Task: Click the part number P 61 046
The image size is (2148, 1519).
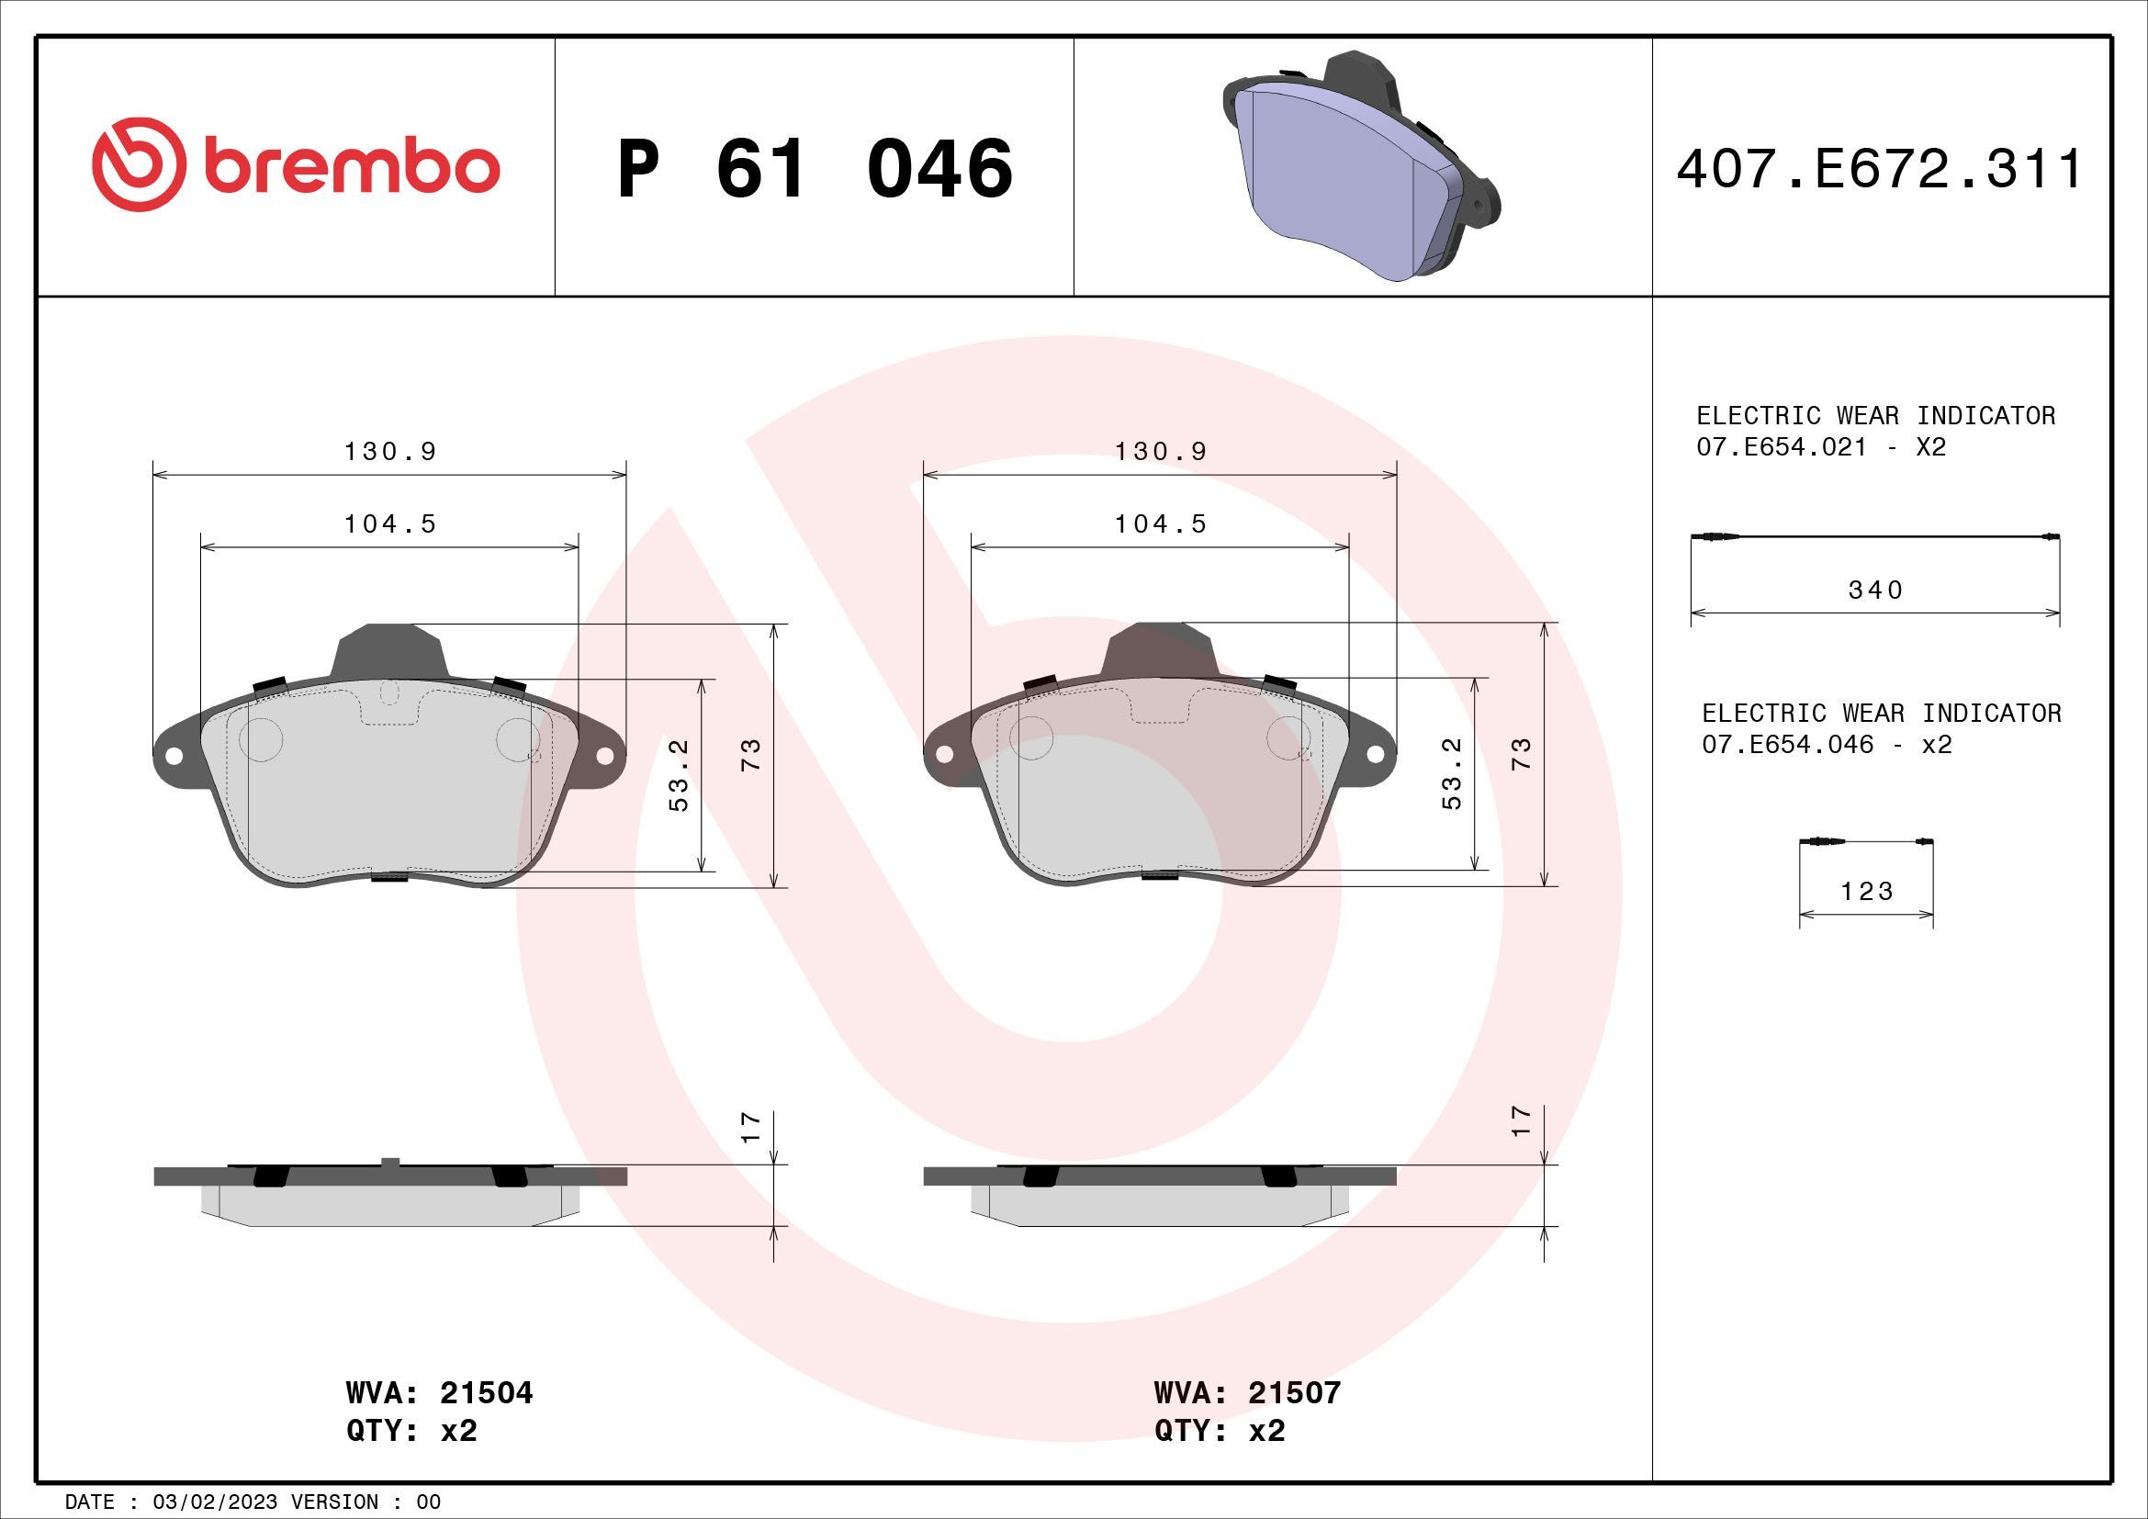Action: point(814,169)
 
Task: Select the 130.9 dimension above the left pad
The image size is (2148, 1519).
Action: point(390,452)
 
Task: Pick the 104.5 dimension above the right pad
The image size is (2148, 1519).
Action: point(1160,524)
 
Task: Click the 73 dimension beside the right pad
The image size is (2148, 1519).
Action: point(1522,754)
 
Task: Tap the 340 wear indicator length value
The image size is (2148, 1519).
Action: point(1876,591)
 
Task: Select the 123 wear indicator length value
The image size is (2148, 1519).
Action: point(1867,892)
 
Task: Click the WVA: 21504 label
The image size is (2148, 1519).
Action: point(439,1393)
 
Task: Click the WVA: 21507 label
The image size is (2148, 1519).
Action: point(1247,1393)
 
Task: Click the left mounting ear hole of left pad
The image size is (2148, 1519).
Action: point(173,754)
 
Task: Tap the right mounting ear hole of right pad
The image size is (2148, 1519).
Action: point(1376,754)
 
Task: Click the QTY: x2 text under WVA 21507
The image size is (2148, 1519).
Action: point(1220,1431)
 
